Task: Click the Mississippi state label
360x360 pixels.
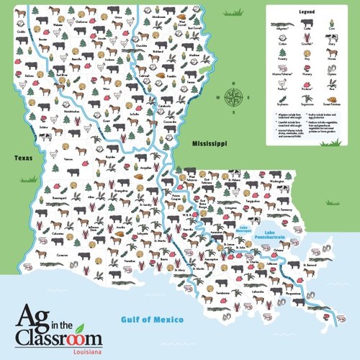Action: click(204, 145)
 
